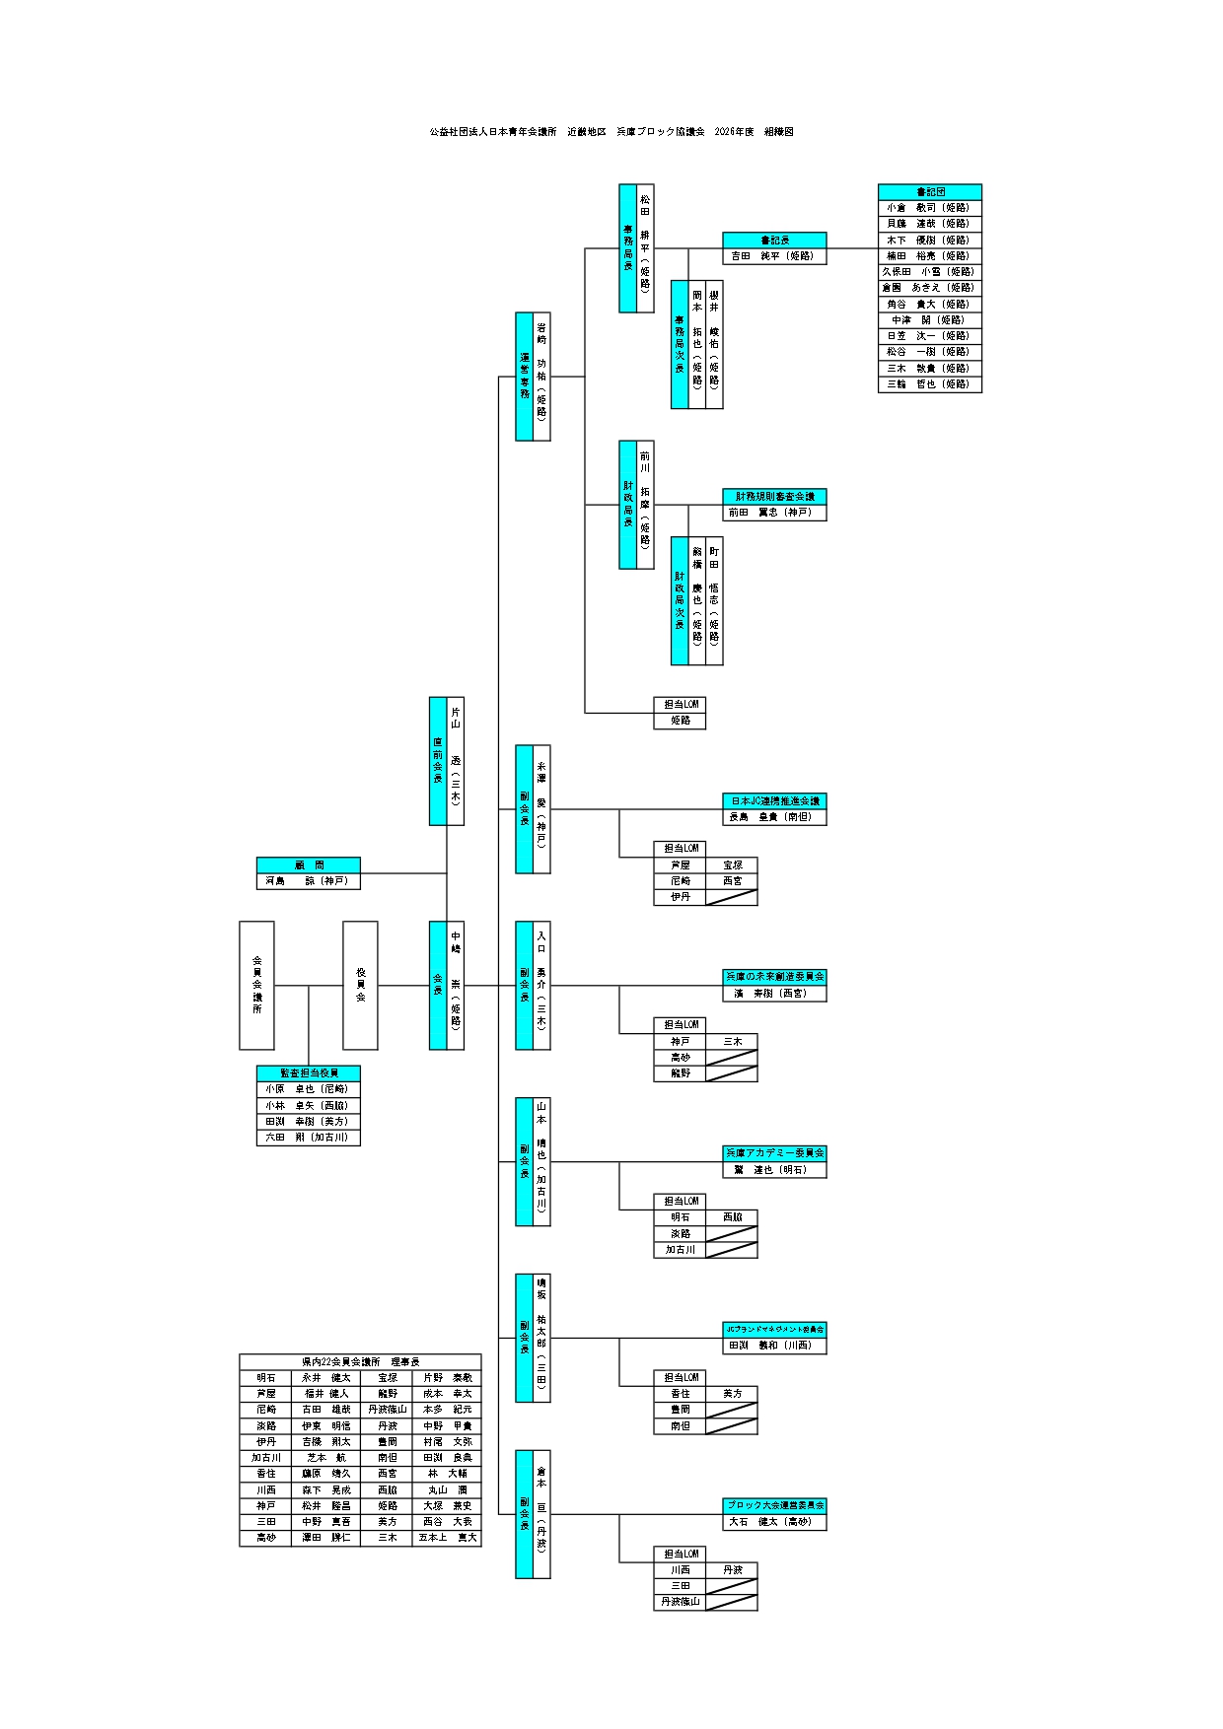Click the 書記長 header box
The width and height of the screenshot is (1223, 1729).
coord(774,241)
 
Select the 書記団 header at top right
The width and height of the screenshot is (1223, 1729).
coord(929,192)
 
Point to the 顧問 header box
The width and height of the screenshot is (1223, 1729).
coord(308,865)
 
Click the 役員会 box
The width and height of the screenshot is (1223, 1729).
coord(360,985)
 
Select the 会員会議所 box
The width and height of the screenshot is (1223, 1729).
coord(256,985)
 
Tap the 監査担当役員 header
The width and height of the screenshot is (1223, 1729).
coord(308,1073)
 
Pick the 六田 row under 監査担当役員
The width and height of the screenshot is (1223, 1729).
coord(308,1138)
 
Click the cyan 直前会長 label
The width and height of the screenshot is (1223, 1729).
coord(438,761)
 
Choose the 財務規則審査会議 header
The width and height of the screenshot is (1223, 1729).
coord(774,497)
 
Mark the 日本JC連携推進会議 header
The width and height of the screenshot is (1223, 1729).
coord(774,801)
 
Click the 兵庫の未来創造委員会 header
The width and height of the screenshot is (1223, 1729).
coord(774,977)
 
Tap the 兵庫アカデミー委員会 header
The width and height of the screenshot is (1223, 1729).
coord(774,1153)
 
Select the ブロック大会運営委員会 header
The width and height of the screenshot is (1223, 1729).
coord(774,1506)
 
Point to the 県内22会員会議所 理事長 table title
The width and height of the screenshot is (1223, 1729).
coord(360,1361)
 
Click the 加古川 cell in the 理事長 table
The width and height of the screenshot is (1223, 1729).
coord(266,1458)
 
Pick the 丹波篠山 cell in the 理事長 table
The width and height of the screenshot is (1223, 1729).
coord(387,1410)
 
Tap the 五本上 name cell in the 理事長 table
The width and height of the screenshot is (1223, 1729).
coord(447,1538)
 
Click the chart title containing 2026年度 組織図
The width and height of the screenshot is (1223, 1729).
coord(611,132)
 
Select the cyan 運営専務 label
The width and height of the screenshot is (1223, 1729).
coord(525,377)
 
